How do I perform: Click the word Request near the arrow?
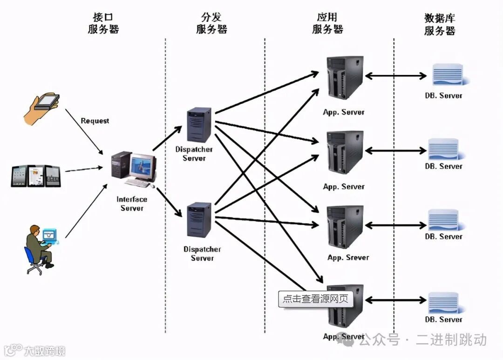click(x=95, y=121)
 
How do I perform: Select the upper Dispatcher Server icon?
click(x=199, y=124)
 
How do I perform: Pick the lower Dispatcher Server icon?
click(x=199, y=220)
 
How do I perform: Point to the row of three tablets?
click(x=36, y=176)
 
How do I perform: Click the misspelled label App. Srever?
click(x=348, y=258)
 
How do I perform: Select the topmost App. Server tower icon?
click(x=345, y=78)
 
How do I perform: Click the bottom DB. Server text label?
click(x=443, y=319)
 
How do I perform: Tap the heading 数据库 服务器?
click(x=440, y=25)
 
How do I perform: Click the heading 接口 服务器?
click(x=103, y=24)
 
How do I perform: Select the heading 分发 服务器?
click(x=211, y=24)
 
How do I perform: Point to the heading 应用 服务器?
click(x=327, y=23)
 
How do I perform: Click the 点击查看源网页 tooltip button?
click(x=315, y=299)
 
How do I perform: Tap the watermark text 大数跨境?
click(x=45, y=351)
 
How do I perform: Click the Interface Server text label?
click(x=132, y=204)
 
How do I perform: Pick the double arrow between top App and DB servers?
click(x=395, y=76)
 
